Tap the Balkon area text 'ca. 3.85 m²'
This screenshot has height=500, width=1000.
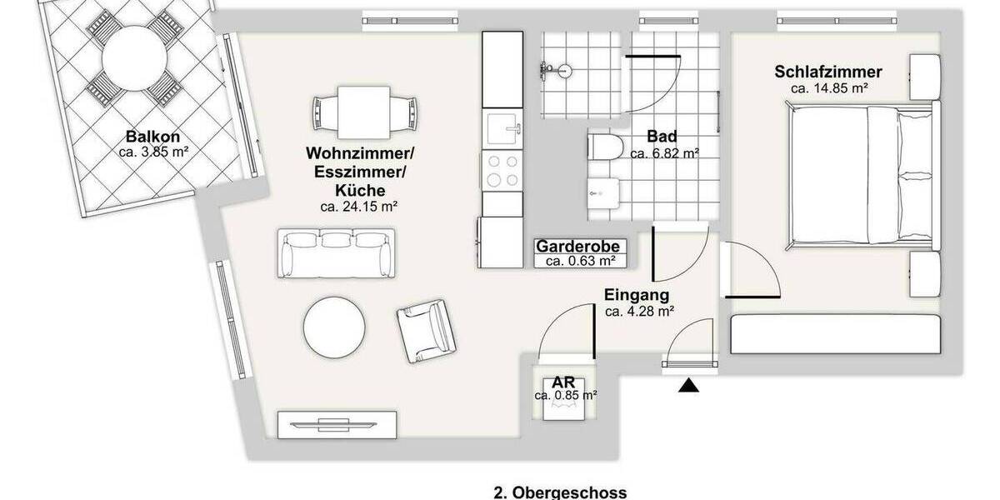[x=152, y=152]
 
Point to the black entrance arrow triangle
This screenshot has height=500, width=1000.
[x=688, y=386]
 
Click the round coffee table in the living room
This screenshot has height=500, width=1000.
[x=334, y=327]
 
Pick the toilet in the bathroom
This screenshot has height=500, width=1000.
[x=605, y=148]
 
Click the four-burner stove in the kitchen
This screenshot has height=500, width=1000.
[x=502, y=171]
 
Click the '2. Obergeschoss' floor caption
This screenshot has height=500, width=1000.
[x=560, y=492]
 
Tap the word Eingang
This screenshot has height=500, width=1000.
[x=637, y=295]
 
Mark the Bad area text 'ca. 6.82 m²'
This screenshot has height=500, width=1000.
[x=663, y=153]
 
